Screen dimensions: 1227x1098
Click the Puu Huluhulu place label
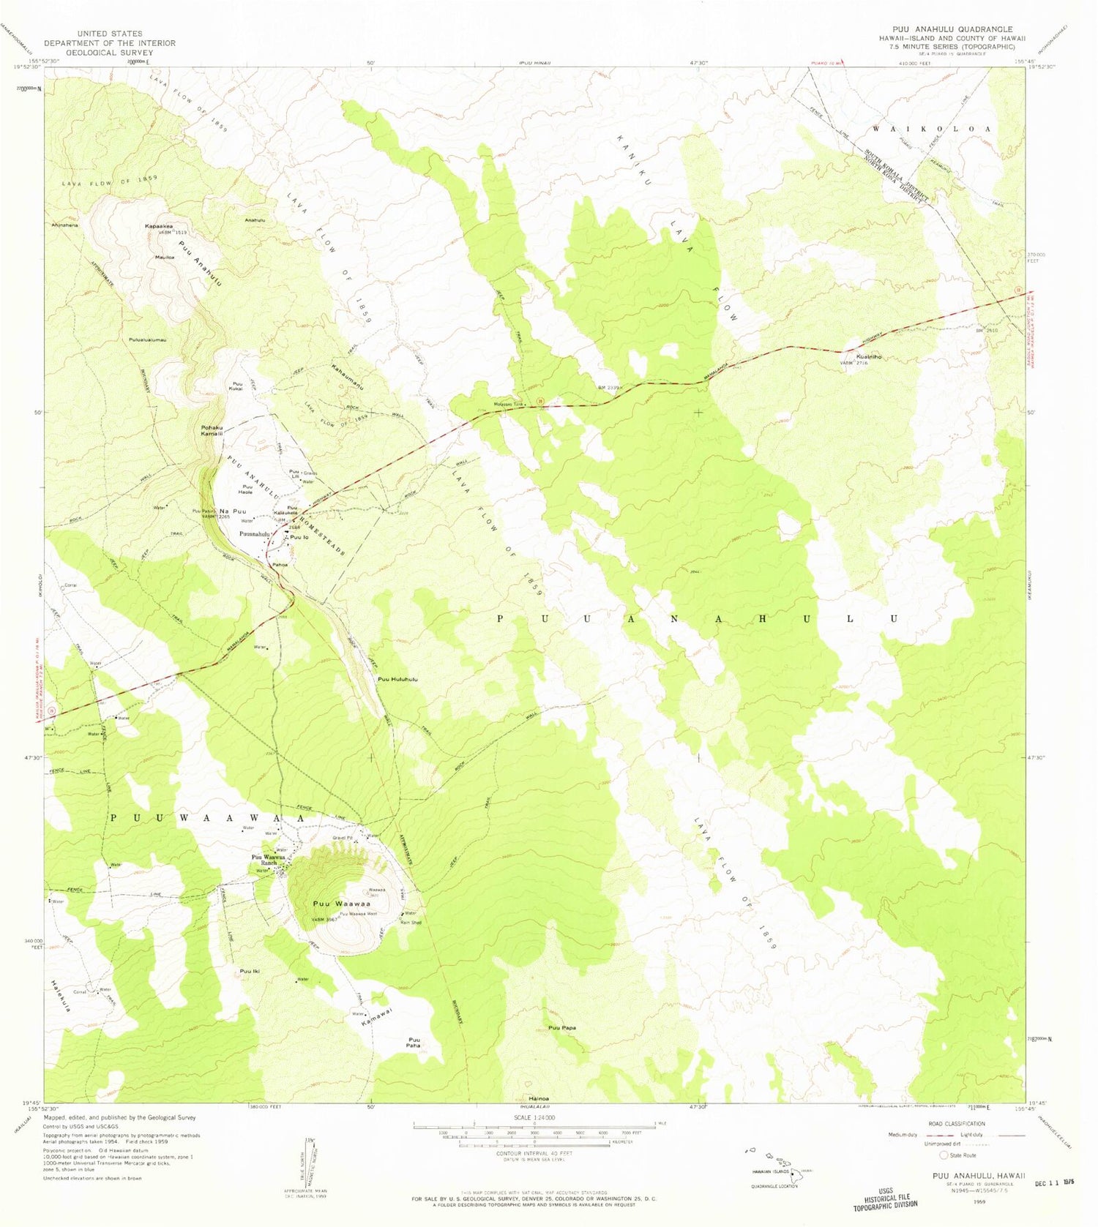pyautogui.click(x=397, y=680)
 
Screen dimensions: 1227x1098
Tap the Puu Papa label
pyautogui.click(x=561, y=1028)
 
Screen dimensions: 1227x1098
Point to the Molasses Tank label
pyautogui.click(x=508, y=404)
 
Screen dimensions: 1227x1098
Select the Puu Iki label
pyautogui.click(x=250, y=971)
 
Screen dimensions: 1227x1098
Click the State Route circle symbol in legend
pyautogui.click(x=944, y=1155)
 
